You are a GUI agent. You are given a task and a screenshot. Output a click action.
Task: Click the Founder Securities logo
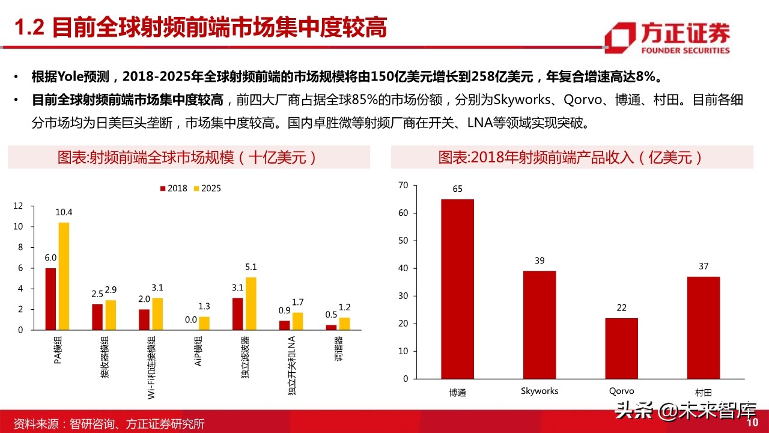point(667,38)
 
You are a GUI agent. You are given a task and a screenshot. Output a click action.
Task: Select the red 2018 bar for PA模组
point(50,299)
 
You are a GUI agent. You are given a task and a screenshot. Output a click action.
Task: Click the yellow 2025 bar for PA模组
point(64,276)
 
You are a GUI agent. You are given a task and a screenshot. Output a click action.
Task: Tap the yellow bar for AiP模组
point(204,323)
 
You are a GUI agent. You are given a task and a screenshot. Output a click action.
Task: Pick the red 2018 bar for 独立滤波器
point(237,314)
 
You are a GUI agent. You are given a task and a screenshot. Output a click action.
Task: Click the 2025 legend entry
point(207,188)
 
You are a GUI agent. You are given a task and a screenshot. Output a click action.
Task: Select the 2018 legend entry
point(174,188)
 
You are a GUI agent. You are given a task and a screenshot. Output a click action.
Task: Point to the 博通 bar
point(457,289)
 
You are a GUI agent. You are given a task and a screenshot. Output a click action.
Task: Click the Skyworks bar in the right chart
point(540,325)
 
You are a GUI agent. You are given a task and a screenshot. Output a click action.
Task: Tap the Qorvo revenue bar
point(621,348)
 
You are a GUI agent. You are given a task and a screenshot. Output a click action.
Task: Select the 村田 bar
point(703,328)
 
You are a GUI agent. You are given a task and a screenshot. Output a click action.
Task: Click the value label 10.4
point(64,212)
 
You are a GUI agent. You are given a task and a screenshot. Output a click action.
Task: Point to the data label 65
point(457,189)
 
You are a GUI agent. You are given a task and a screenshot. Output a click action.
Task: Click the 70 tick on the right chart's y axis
point(403,185)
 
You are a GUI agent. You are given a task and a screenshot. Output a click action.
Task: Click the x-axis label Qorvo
point(621,391)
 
